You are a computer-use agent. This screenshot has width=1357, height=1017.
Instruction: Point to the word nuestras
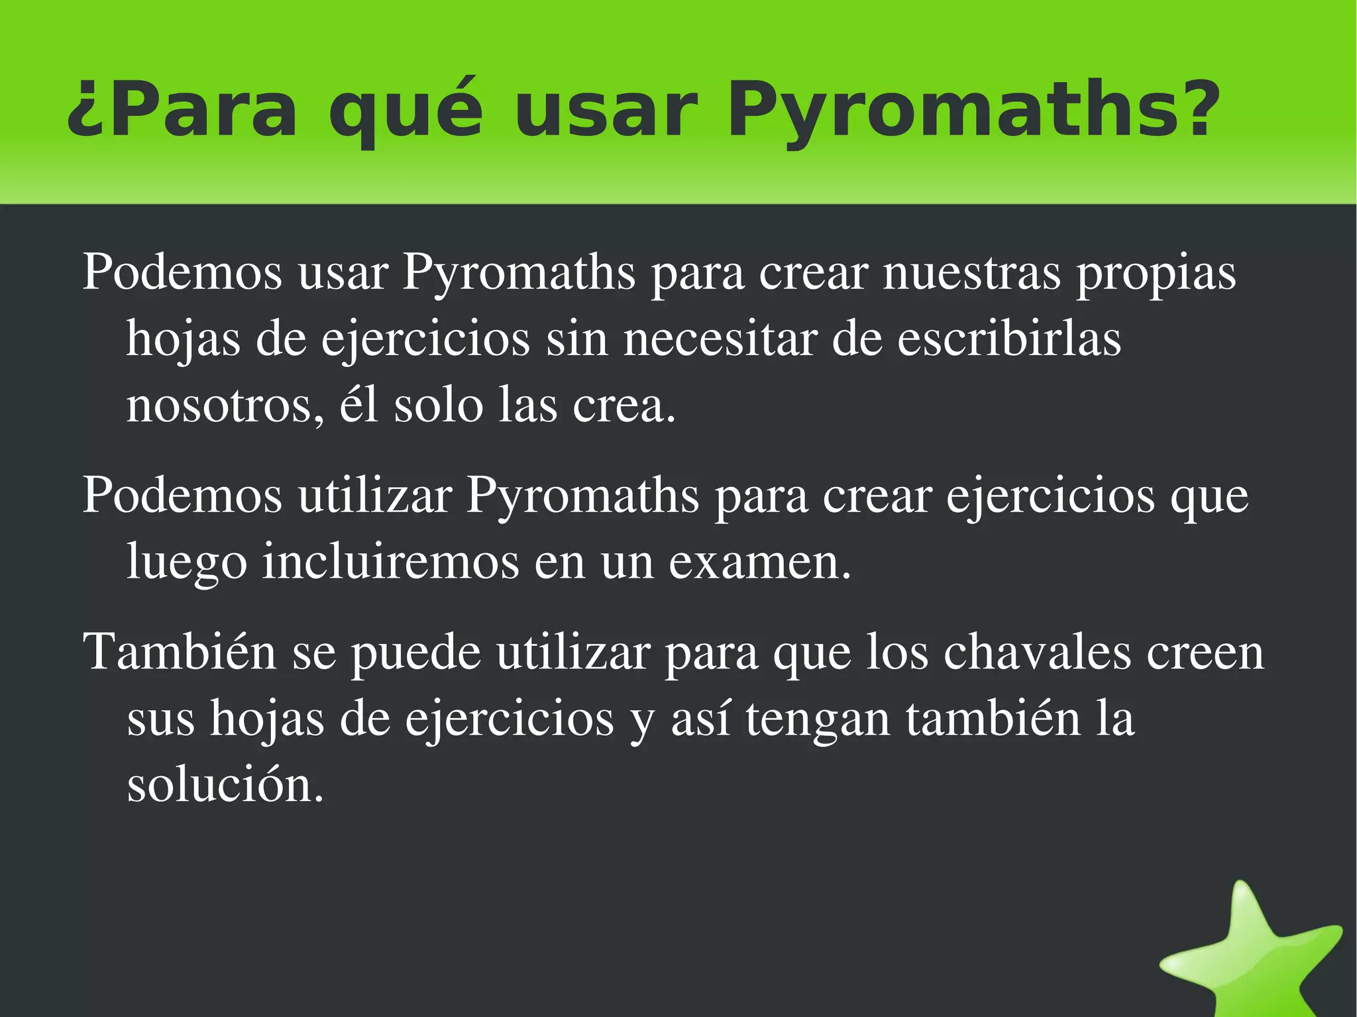(x=971, y=272)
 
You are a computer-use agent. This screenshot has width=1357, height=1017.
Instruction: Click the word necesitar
(x=720, y=339)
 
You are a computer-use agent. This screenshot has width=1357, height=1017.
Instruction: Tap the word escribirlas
(x=1009, y=339)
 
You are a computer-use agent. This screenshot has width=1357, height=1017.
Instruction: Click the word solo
(x=439, y=405)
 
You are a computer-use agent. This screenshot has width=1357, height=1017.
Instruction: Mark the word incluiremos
(x=390, y=562)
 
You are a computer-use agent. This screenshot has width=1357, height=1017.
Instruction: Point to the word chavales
(x=1037, y=653)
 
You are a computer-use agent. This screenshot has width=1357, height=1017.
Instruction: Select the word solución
(x=225, y=785)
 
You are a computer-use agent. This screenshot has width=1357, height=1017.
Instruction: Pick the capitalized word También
(x=179, y=653)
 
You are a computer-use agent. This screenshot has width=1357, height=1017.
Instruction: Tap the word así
(x=700, y=720)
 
